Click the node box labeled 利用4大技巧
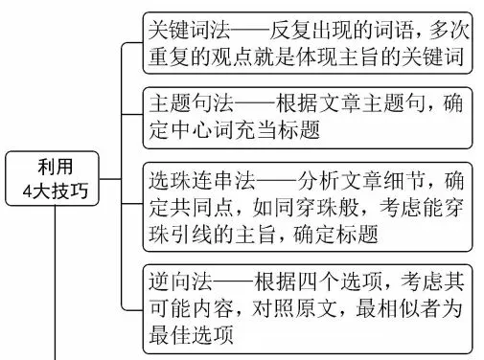tap(56, 179)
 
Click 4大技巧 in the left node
tap(56, 191)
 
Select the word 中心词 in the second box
tap(203, 130)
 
